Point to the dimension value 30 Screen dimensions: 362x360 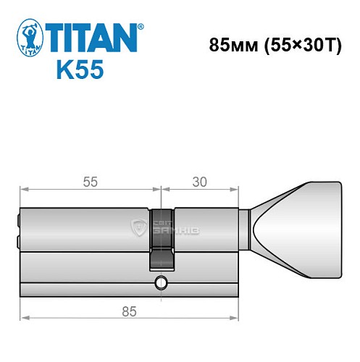pyautogui.click(x=199, y=182)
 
